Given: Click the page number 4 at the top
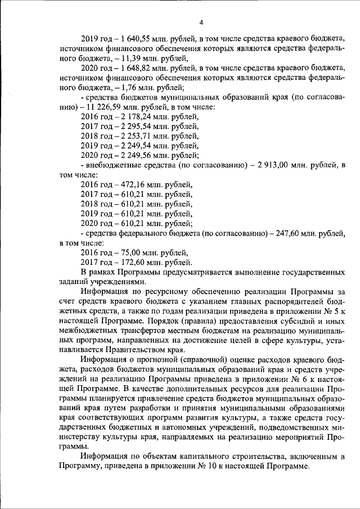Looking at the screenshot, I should pyautogui.click(x=201, y=22).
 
